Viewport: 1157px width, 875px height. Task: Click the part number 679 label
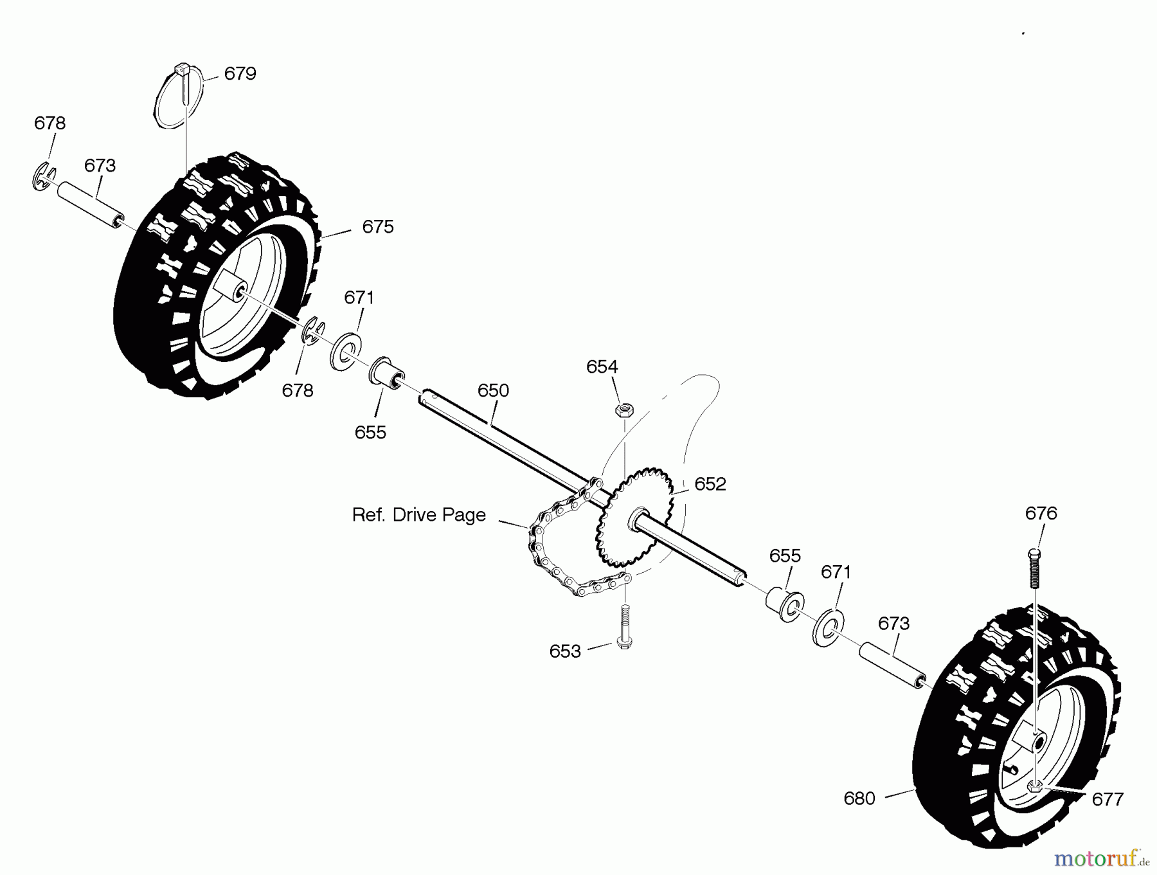pos(240,74)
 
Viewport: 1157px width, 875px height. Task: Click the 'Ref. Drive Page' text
pos(418,515)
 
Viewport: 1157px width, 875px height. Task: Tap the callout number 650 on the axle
pos(493,391)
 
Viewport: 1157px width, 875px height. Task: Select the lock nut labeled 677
pos(1035,785)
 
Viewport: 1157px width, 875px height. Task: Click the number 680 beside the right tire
pos(859,798)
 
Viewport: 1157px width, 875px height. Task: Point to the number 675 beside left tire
pos(377,227)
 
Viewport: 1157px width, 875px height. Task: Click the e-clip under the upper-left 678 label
pos(42,177)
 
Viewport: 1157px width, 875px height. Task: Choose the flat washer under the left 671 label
pos(345,351)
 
